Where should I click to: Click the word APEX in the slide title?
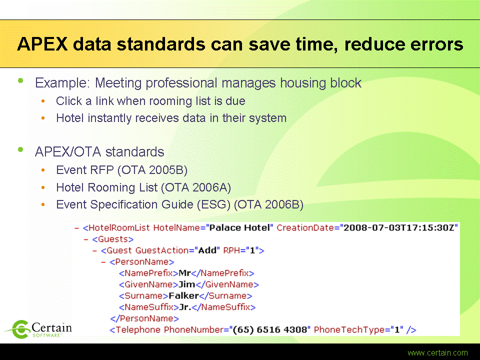(x=42, y=44)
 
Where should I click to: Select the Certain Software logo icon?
(x=18, y=329)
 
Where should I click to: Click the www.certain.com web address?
(x=438, y=352)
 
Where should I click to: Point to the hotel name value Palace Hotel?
(x=239, y=228)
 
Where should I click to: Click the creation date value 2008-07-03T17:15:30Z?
(x=398, y=228)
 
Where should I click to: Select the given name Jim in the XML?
(x=186, y=284)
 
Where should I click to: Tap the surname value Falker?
(x=183, y=295)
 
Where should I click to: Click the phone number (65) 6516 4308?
(x=270, y=329)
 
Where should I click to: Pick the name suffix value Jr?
(x=185, y=307)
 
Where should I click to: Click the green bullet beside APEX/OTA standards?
(x=20, y=149)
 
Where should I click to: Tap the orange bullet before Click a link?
(x=43, y=100)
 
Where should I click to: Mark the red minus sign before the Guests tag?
(x=86, y=239)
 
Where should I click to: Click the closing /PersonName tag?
(x=144, y=318)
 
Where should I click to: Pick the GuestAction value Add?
(x=207, y=250)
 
